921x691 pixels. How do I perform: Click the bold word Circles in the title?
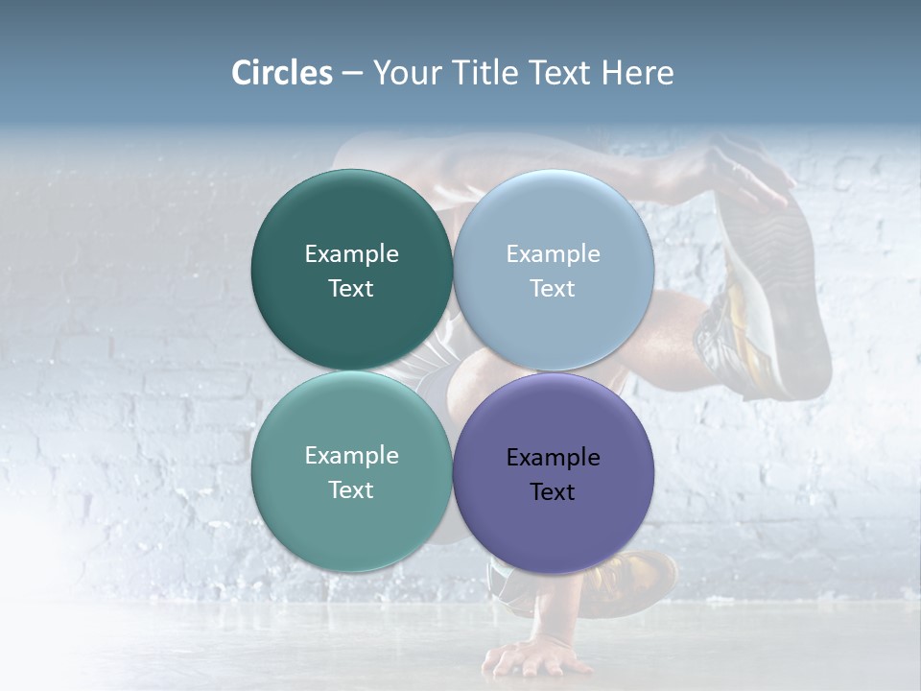281,73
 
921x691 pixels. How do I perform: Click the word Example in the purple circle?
553,458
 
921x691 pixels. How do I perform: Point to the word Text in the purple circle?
553,492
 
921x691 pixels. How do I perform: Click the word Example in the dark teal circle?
351,254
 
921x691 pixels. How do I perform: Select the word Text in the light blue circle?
553,289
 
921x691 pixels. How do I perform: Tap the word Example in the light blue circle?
553,254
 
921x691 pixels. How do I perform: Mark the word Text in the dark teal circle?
351,289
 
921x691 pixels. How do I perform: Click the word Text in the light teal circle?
351,490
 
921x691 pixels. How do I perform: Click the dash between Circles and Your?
352,74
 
